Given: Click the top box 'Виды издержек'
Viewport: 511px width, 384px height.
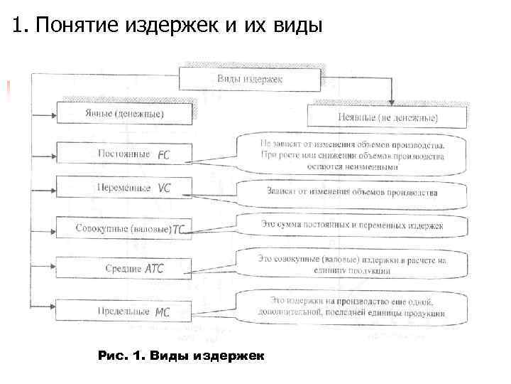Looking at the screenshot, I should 249,79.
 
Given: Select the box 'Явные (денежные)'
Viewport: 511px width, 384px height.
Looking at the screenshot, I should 124,114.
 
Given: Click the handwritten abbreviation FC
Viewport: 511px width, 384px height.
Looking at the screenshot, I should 164,154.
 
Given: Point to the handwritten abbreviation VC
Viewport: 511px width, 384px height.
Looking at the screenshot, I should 164,188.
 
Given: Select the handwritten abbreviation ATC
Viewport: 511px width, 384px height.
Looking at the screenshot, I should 154,269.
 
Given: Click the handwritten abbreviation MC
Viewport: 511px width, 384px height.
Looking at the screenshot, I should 163,311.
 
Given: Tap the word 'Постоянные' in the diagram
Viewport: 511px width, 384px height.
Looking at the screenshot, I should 123,154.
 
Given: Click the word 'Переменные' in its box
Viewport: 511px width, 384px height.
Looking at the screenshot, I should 123,188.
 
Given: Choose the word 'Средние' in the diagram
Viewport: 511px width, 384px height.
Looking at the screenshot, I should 123,269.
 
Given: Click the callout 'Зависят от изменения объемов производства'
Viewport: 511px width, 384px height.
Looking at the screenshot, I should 352,192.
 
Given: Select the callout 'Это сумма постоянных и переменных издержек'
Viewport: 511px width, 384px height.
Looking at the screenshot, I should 352,225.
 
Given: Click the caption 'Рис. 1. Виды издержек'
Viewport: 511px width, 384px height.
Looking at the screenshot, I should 180,355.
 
